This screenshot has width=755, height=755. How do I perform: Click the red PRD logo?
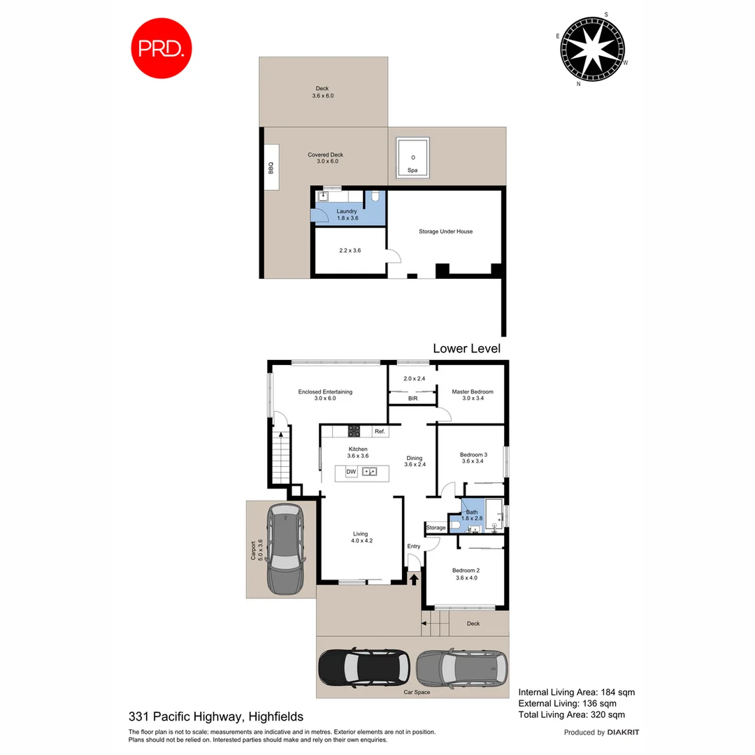point(161,48)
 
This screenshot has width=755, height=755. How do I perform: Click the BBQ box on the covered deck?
point(271,168)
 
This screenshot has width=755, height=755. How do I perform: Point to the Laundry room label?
point(347,211)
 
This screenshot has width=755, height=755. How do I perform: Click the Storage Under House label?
point(445,231)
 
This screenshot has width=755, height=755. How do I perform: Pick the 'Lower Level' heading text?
point(466,348)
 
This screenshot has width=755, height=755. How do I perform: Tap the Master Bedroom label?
point(472,391)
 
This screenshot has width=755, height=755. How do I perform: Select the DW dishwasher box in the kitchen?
point(352,472)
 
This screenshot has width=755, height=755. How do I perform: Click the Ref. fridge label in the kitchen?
point(380,431)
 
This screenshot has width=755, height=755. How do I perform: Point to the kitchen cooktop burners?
point(354,431)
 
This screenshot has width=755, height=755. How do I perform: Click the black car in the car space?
point(364,668)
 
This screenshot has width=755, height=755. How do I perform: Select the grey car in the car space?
point(462,668)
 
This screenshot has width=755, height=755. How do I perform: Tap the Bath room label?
point(473,512)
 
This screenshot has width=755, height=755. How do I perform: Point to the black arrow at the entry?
point(414,578)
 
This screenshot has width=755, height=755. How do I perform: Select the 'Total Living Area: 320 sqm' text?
point(570,714)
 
